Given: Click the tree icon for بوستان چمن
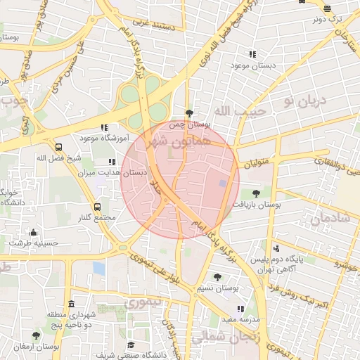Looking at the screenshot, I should pyautogui.click(x=188, y=113).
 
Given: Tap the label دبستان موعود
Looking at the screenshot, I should pyautogui.click(x=251, y=65).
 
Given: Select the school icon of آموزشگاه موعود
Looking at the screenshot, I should pyautogui.click(x=104, y=128).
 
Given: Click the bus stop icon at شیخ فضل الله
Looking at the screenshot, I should pyautogui.click(x=58, y=148).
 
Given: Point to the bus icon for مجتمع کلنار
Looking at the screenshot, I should pyautogui.click(x=97, y=207).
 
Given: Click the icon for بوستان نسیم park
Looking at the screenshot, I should pyautogui.click(x=217, y=277).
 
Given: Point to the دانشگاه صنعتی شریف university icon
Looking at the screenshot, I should pyautogui.click(x=131, y=345).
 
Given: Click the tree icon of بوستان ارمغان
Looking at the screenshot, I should pyautogui.click(x=36, y=336).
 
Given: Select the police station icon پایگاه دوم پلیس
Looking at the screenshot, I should pyautogui.click(x=276, y=247).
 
